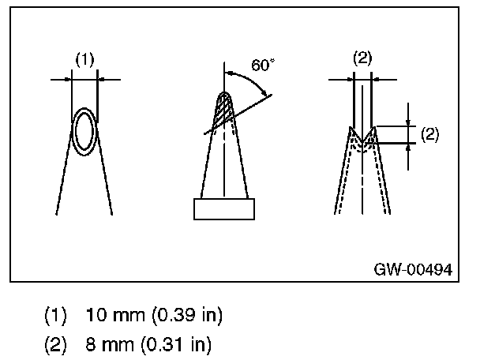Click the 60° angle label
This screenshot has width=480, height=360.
263,65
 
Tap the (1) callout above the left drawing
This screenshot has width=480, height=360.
84,58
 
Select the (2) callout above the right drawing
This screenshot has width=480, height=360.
362,58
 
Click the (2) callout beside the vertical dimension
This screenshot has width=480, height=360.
429,133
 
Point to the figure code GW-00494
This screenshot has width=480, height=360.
413,270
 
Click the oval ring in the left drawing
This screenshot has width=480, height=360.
84,131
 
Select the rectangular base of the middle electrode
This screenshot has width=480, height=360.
225,208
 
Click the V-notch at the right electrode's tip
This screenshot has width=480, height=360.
362,134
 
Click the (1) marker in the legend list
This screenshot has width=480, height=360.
55,316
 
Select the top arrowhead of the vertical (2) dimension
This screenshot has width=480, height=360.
408,122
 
